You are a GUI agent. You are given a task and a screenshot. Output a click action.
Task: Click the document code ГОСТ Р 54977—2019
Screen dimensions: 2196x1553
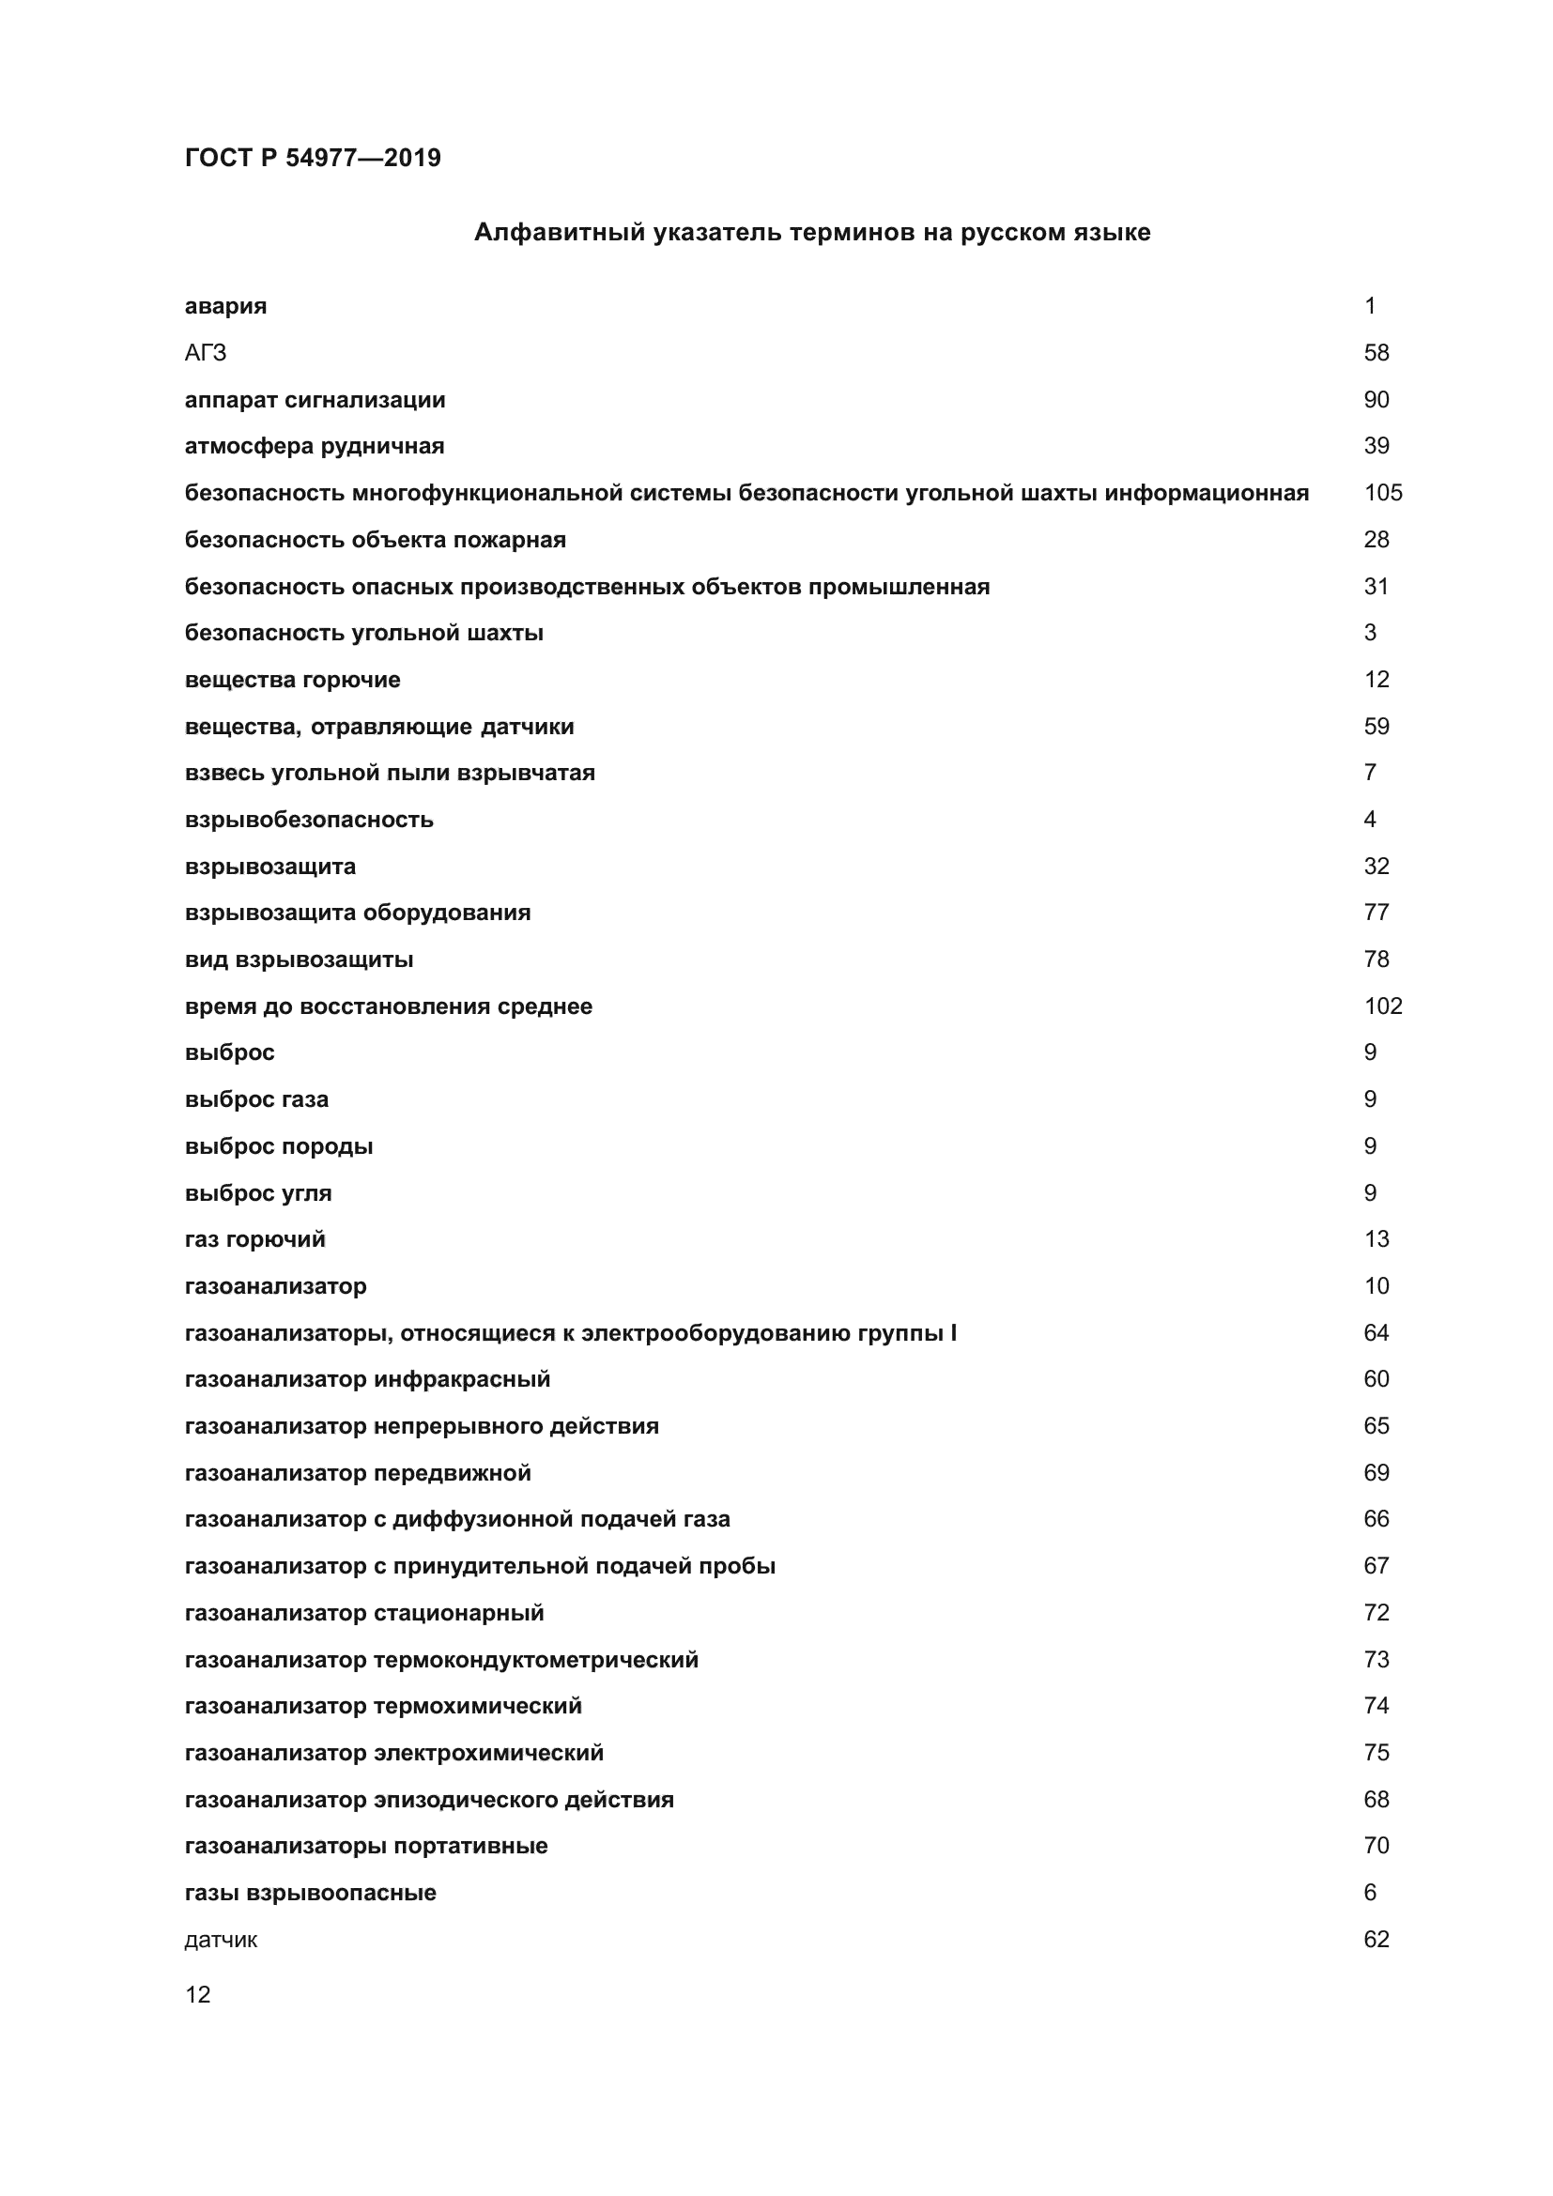click(x=313, y=158)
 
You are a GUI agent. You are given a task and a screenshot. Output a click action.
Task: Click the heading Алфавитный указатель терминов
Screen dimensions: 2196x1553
click(x=812, y=233)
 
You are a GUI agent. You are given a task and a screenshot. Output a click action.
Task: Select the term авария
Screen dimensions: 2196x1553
click(x=225, y=306)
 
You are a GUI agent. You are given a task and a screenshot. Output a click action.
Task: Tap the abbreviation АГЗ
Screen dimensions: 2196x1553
click(x=206, y=353)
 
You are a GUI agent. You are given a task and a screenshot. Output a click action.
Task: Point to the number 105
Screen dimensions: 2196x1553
click(x=1382, y=493)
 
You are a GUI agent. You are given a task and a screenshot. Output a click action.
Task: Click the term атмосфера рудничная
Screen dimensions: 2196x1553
click(x=315, y=446)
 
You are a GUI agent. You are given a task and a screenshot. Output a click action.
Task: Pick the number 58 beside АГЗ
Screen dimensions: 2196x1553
click(x=1376, y=353)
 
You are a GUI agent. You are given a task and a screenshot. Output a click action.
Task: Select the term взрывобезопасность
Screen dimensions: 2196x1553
click(x=309, y=820)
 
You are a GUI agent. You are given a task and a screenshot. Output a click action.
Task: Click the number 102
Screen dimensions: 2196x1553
click(x=1382, y=1006)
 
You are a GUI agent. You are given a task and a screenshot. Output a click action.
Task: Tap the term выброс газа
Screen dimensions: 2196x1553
click(x=256, y=1100)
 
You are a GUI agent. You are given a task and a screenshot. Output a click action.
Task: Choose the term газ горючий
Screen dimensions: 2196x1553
click(x=255, y=1239)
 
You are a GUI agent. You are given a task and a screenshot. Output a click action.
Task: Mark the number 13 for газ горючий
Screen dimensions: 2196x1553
click(x=1376, y=1239)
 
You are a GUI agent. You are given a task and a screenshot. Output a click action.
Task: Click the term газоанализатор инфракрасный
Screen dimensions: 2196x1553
click(x=367, y=1379)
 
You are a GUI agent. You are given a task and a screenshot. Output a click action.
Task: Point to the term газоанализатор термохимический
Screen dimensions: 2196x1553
click(x=382, y=1706)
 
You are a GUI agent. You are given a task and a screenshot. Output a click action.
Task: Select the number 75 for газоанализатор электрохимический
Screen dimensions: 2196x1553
click(x=1376, y=1753)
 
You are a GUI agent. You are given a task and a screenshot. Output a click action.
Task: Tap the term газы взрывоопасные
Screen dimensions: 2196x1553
click(x=310, y=1893)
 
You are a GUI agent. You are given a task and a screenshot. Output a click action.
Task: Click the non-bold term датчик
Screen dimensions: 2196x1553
click(x=221, y=1940)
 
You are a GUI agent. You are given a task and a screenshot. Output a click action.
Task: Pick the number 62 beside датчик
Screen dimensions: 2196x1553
click(x=1376, y=1940)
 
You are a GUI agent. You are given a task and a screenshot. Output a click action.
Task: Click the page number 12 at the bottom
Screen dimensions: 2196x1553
click(x=198, y=1994)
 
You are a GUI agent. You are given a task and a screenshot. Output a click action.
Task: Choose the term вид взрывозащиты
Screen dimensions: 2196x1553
click(x=299, y=960)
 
